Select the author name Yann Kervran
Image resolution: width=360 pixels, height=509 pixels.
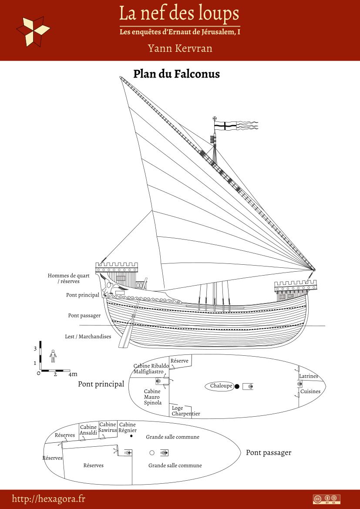[180, 48]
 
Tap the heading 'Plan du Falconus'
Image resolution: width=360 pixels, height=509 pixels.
[176, 74]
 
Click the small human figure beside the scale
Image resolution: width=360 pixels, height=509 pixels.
[53, 356]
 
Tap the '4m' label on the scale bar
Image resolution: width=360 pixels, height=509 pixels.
[73, 374]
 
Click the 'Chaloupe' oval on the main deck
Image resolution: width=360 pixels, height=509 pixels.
[221, 386]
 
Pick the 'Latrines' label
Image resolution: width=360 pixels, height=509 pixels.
[309, 376]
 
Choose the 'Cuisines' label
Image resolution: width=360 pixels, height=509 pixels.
[310, 391]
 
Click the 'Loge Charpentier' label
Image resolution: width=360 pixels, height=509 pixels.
[185, 411]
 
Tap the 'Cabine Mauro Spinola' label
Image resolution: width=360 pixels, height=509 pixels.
[152, 397]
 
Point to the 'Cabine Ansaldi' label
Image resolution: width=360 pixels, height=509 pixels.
[88, 430]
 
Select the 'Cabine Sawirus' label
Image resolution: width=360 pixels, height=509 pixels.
[108, 427]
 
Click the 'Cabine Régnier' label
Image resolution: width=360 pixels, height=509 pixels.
[128, 427]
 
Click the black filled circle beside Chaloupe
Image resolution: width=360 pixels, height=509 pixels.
[237, 386]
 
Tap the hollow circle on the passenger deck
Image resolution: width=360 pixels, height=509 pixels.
[151, 453]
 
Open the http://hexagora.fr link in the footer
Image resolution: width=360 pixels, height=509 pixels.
[48, 499]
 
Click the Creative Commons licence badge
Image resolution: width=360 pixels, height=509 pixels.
[326, 499]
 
